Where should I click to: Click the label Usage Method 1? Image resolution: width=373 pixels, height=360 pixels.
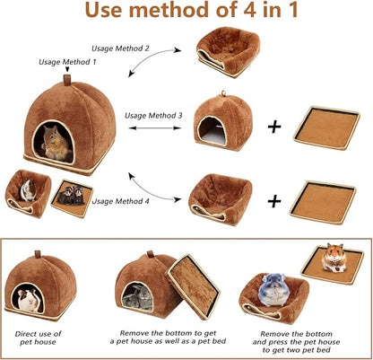pos(68,62)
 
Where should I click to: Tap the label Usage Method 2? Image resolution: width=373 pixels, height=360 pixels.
pos(122,47)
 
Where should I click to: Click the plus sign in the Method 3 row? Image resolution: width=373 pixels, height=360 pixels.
pos(274,127)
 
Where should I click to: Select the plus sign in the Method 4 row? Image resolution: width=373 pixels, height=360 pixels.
pos(274,195)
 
